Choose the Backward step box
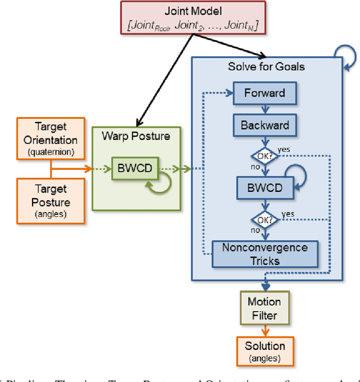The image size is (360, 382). [264, 125]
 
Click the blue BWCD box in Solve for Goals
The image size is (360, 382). [264, 187]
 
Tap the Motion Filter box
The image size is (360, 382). [264, 309]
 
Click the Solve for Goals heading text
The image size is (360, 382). [266, 66]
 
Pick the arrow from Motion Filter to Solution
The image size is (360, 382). [264, 331]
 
